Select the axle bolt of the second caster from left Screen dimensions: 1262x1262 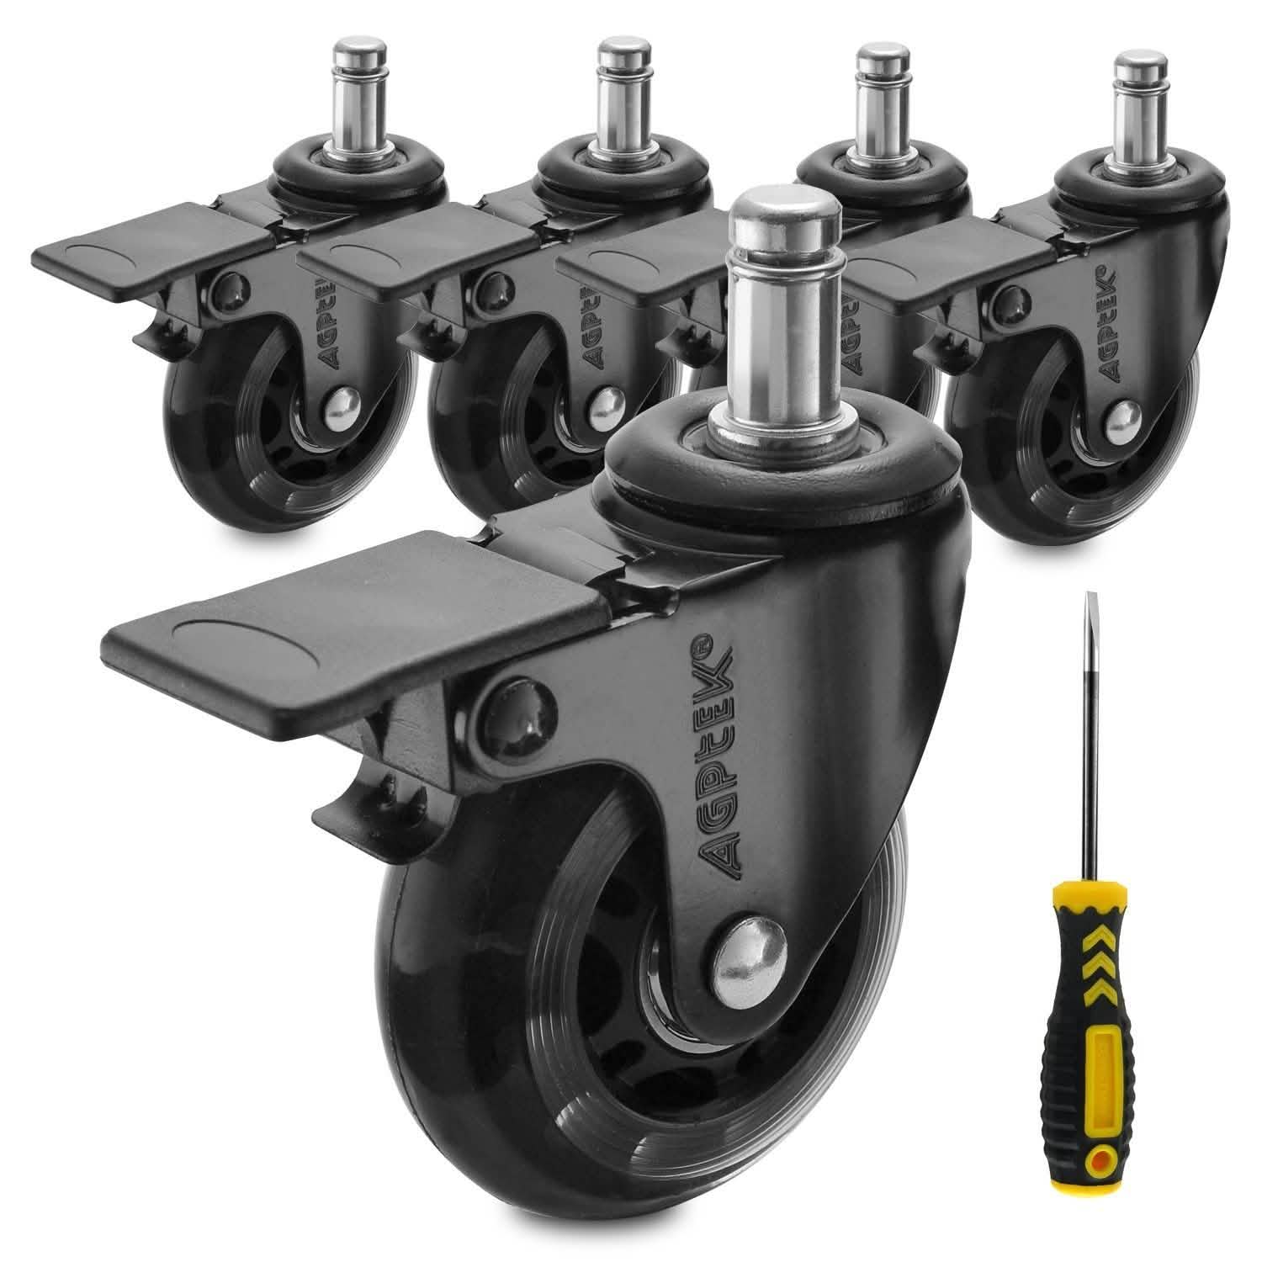(x=605, y=402)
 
